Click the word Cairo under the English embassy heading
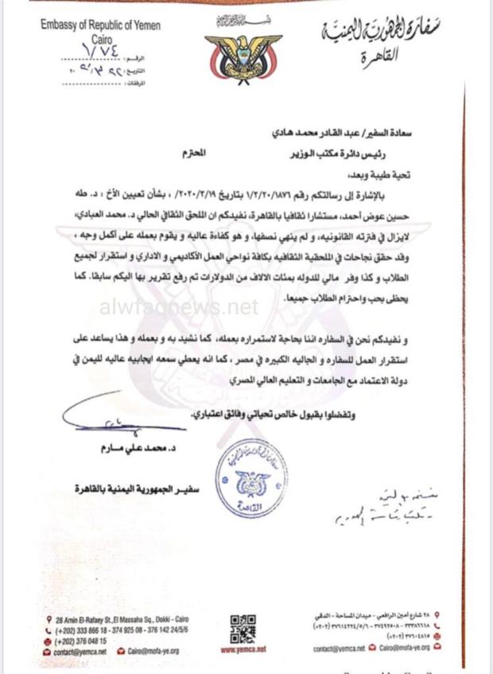[x=100, y=38]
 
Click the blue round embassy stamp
[x=251, y=478]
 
